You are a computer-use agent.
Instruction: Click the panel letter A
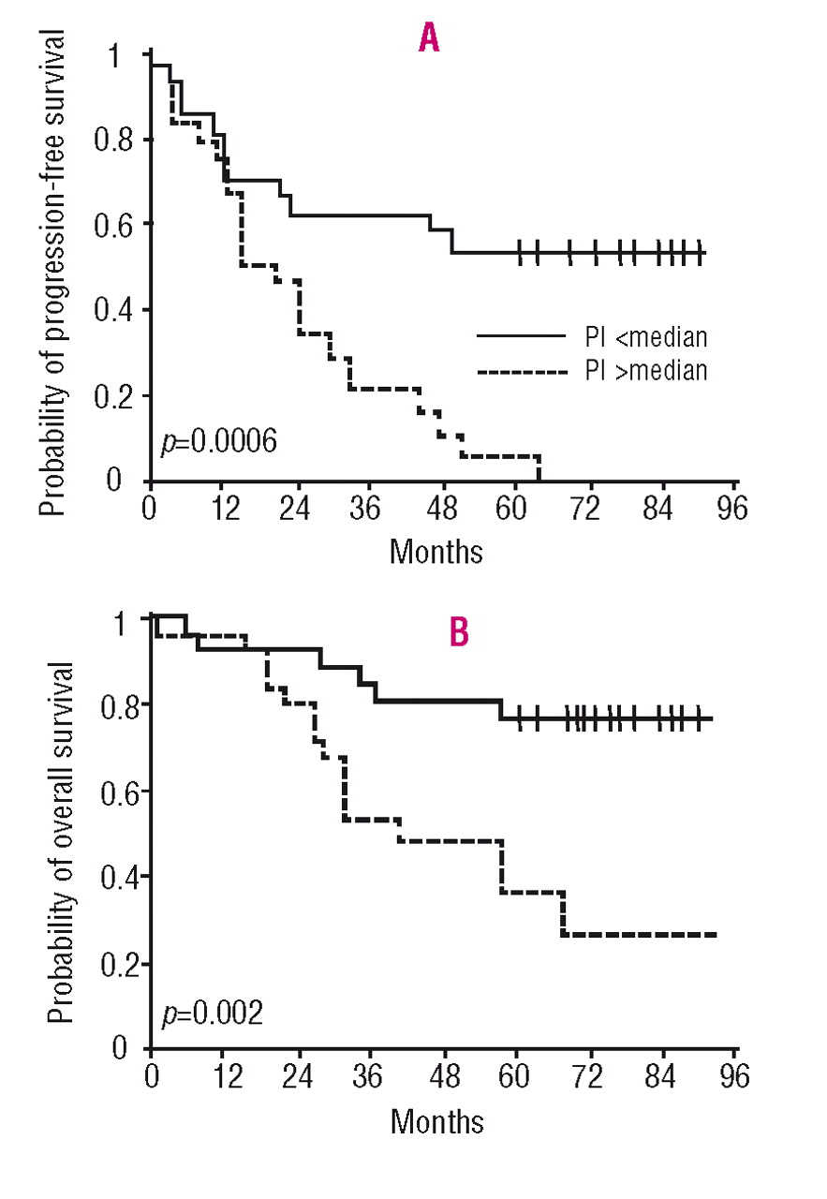428,38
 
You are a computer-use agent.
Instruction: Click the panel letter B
459,632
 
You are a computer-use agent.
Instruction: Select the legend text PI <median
647,335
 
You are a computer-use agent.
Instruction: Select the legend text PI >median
647,371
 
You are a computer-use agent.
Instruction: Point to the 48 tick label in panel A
442,512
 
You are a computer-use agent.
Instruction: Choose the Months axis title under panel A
436,551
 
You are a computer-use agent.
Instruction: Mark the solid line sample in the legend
522,335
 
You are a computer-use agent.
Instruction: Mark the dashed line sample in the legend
522,372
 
